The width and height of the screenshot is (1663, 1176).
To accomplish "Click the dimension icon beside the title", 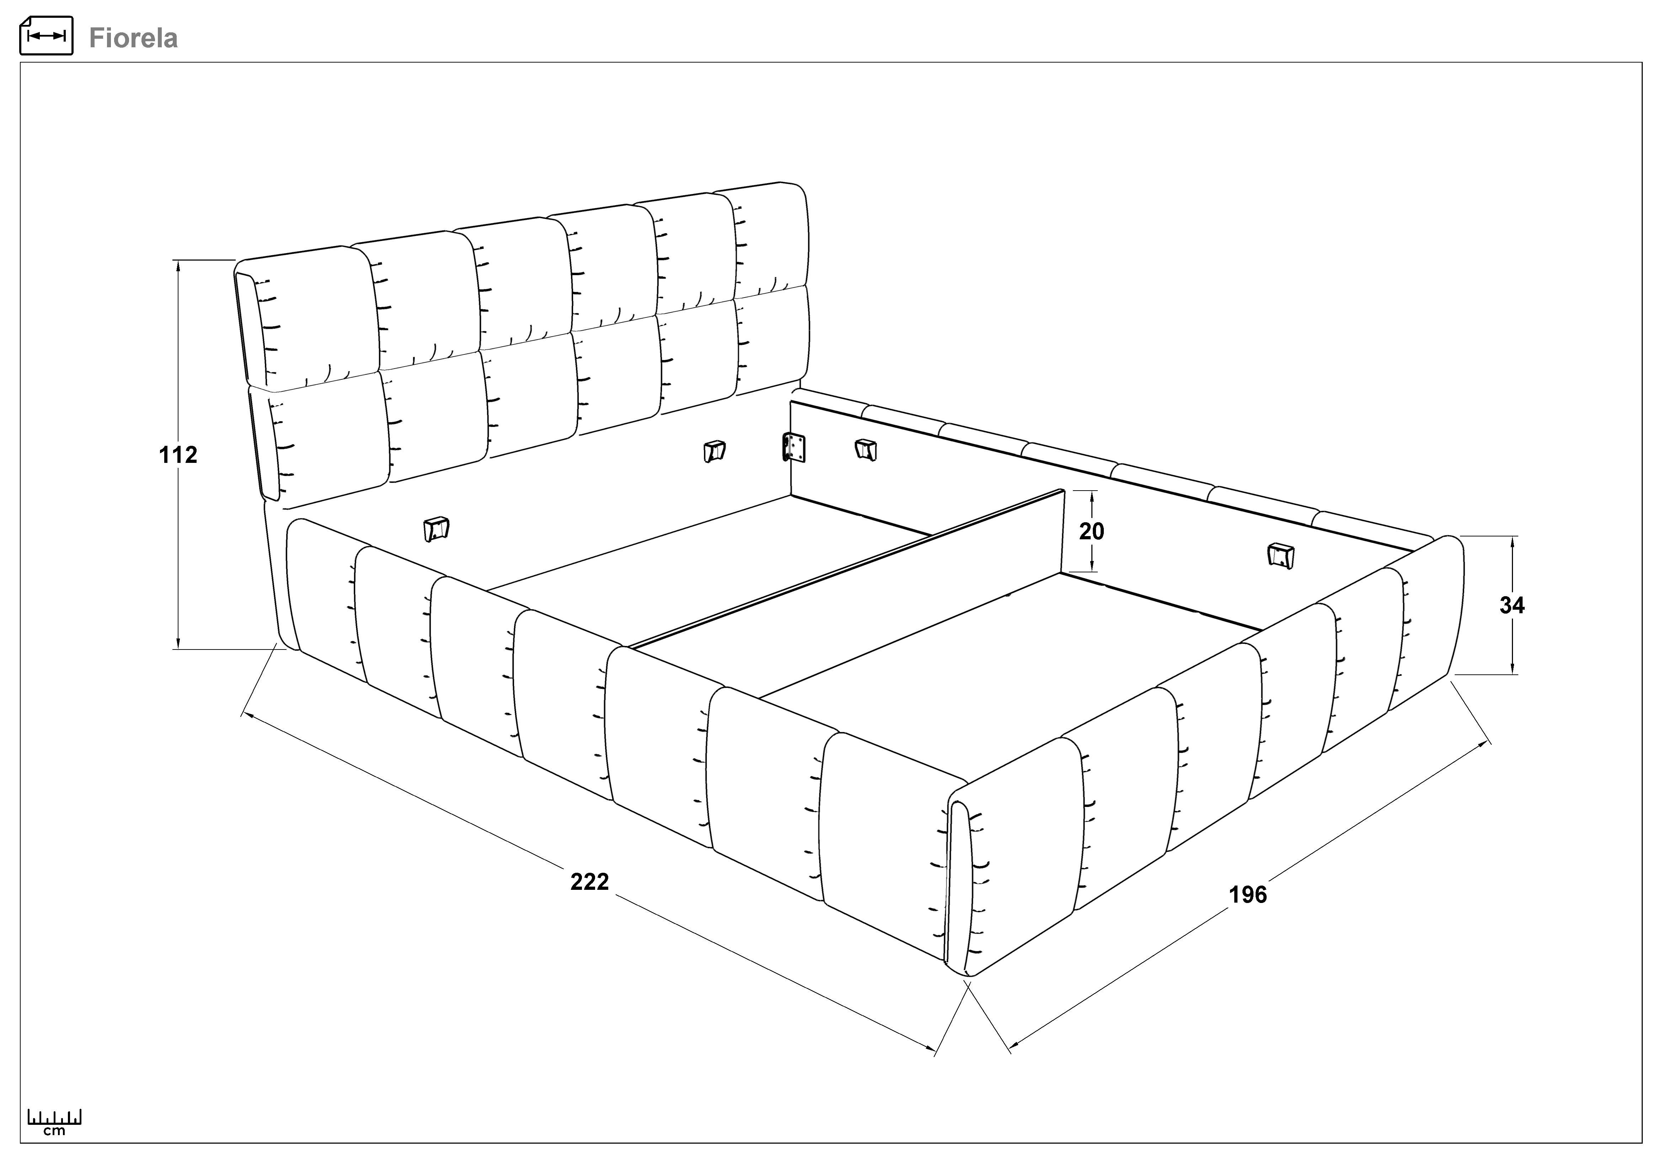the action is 46,36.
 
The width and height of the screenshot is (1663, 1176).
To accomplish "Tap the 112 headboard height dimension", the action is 178,455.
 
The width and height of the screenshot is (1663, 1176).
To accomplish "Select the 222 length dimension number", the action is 589,881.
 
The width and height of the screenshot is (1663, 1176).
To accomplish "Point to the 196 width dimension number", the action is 1248,894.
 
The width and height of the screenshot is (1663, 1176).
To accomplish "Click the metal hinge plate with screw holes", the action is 795,448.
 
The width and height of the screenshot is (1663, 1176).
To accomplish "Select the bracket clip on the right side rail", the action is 1280,555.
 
